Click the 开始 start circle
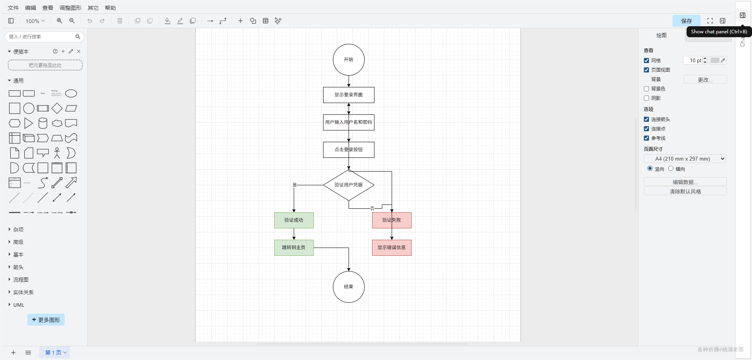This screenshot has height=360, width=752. (349, 60)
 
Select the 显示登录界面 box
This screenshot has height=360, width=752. (349, 95)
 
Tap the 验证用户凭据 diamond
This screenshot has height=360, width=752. (349, 185)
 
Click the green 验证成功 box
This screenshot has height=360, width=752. (294, 220)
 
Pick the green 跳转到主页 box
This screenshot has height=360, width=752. (294, 248)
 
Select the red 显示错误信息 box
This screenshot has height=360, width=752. (392, 248)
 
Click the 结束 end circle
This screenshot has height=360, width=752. (349, 287)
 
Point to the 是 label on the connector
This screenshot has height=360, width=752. (295, 185)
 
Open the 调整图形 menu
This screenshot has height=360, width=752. (70, 8)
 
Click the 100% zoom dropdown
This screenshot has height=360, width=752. (35, 21)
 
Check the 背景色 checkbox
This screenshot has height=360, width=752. (646, 89)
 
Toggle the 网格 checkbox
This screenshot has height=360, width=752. (646, 61)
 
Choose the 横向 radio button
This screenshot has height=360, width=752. (671, 168)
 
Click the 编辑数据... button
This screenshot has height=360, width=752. (685, 182)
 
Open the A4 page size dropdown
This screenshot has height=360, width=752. (685, 159)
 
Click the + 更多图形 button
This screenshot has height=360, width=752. (46, 320)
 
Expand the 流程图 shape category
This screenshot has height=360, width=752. (21, 280)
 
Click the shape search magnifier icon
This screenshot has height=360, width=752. (78, 37)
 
